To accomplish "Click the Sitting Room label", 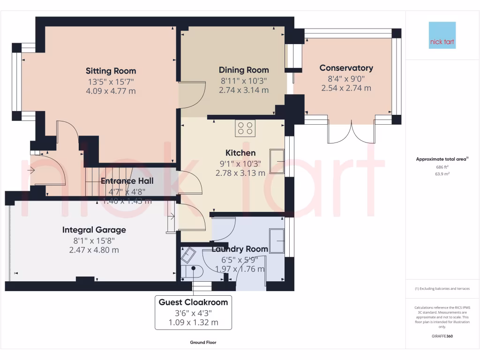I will pyautogui.click(x=111, y=71).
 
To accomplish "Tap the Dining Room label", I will pyautogui.click(x=244, y=70).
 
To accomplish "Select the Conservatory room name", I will pyautogui.click(x=346, y=68).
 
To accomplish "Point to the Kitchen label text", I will pyautogui.click(x=240, y=153).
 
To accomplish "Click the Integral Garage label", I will pyautogui.click(x=94, y=230).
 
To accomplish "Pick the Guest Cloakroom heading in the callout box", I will pyautogui.click(x=193, y=302).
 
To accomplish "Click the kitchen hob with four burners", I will pyautogui.click(x=245, y=128).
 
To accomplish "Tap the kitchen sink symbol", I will pyautogui.click(x=277, y=161).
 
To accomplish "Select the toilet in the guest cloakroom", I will pyautogui.click(x=192, y=270).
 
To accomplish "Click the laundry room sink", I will pyautogui.click(x=277, y=240).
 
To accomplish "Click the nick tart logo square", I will pyautogui.click(x=442, y=35).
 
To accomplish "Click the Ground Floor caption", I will pyautogui.click(x=203, y=343).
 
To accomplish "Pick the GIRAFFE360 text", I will pyautogui.click(x=442, y=337).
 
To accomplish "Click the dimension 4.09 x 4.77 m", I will pyautogui.click(x=111, y=91).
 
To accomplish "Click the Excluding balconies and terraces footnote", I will pyautogui.click(x=442, y=289).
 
